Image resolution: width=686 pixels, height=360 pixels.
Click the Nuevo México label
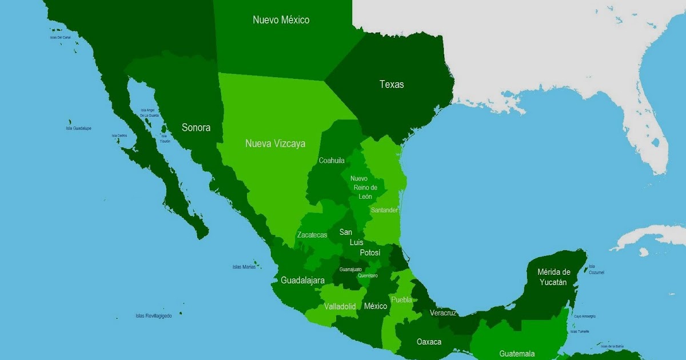281,20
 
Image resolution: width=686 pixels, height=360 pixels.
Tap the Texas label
392,85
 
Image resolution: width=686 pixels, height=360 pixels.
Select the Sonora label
196,127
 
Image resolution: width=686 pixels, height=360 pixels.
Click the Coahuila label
332,161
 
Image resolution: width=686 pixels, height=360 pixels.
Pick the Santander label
384,210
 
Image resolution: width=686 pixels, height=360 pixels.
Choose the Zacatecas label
312,235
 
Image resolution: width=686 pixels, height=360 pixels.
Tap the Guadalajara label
303,281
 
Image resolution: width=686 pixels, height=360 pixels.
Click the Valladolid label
340,306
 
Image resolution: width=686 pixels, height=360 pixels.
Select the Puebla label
401,299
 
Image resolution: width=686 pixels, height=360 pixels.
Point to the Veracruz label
443,313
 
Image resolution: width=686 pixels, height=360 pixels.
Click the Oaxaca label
429,342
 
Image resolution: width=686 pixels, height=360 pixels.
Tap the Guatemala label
517,354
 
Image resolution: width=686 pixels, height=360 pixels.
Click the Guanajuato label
350,269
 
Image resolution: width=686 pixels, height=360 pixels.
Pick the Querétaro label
368,275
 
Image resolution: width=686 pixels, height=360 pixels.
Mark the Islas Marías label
244,267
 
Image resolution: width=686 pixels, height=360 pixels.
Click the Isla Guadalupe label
78,129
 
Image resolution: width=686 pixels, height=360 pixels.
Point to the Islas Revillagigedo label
153,315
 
